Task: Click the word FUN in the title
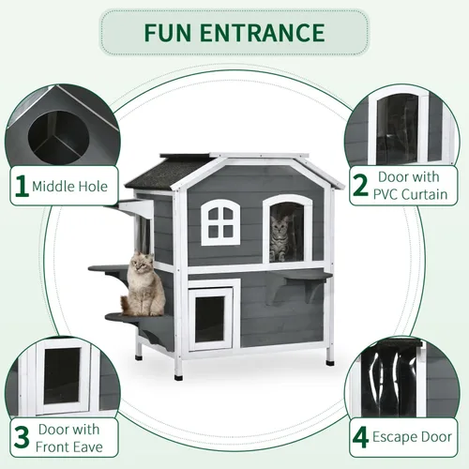click(168, 33)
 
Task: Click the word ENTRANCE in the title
click(263, 33)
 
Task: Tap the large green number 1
click(22, 186)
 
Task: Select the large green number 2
click(360, 186)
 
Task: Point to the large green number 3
click(22, 437)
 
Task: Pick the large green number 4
click(361, 438)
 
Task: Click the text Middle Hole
click(69, 187)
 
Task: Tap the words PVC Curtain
click(410, 194)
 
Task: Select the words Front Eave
click(69, 447)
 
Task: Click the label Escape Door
click(412, 437)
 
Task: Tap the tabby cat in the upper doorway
click(280, 238)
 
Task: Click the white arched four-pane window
click(220, 222)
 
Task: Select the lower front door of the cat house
click(210, 319)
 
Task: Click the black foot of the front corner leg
click(178, 377)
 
